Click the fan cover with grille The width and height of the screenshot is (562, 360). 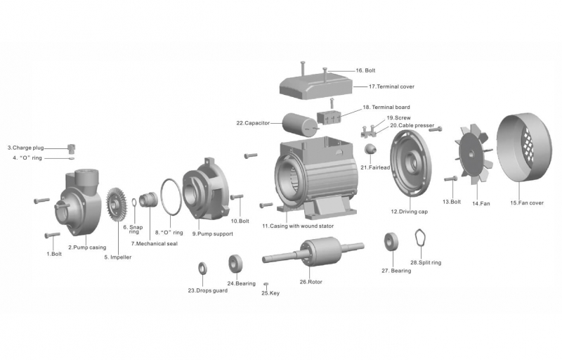(x=524, y=152)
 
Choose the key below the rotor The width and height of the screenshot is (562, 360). (x=266, y=284)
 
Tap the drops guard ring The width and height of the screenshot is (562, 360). (x=202, y=267)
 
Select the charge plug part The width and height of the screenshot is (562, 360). (x=71, y=148)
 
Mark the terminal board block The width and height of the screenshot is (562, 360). (x=329, y=117)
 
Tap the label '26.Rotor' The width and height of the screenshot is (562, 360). (x=309, y=282)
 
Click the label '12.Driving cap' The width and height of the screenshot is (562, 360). (x=409, y=211)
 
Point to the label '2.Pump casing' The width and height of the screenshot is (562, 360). (x=87, y=247)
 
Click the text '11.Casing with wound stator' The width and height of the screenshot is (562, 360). (x=298, y=226)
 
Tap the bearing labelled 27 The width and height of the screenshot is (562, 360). (x=391, y=243)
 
